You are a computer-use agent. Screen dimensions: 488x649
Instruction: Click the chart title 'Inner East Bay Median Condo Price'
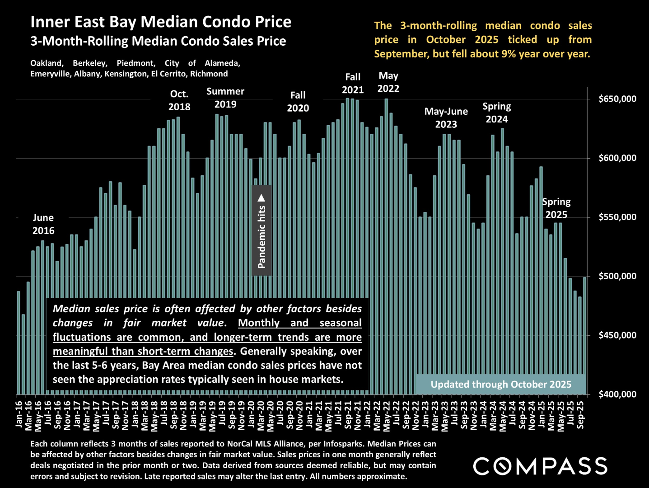click(161, 22)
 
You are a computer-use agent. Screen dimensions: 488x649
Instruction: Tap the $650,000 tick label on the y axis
click(617, 99)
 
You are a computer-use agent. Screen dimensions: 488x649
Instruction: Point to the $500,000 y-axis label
click(617, 276)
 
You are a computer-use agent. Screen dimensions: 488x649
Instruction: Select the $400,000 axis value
click(617, 394)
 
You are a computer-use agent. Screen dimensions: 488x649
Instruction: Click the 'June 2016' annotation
click(43, 224)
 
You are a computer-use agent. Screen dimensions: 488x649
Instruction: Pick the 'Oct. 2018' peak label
click(179, 100)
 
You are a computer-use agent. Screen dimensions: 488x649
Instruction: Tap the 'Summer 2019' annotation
click(225, 98)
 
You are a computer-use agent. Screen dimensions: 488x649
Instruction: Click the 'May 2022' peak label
click(388, 82)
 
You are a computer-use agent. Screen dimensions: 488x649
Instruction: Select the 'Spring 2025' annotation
click(556, 208)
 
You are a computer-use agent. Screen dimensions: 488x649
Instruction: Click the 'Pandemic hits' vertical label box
click(261, 230)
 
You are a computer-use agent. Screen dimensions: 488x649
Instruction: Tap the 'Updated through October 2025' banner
click(500, 385)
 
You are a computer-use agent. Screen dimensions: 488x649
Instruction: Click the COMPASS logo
click(540, 466)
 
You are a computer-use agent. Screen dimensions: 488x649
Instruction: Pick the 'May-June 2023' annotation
click(446, 118)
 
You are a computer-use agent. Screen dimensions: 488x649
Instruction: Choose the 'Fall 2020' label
click(298, 102)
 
